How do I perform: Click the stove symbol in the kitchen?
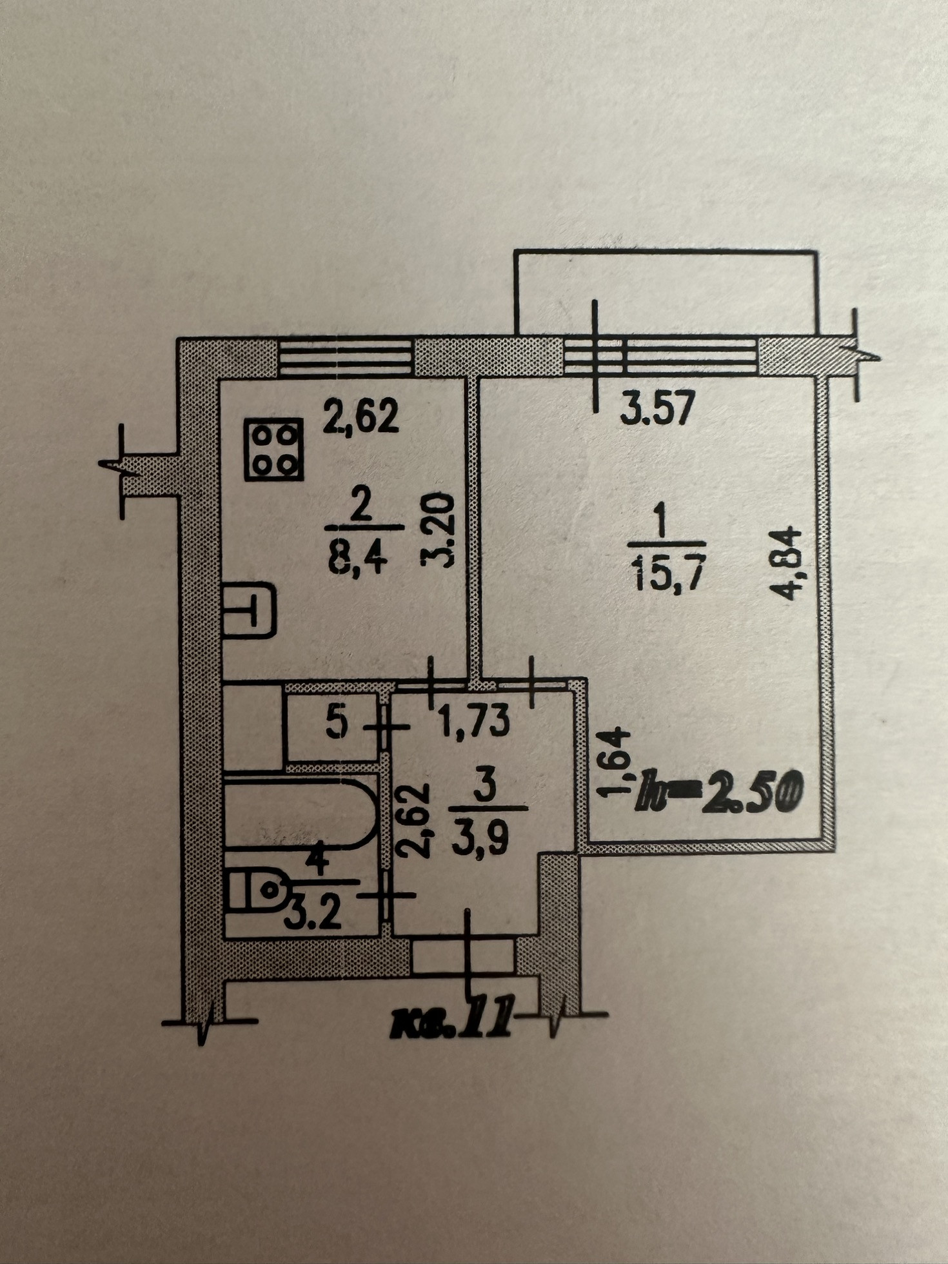tap(273, 449)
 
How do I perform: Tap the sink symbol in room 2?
tap(249, 609)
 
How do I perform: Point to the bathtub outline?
tap(299, 813)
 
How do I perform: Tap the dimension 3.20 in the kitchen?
tap(438, 529)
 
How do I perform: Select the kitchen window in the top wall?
tap(346, 357)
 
